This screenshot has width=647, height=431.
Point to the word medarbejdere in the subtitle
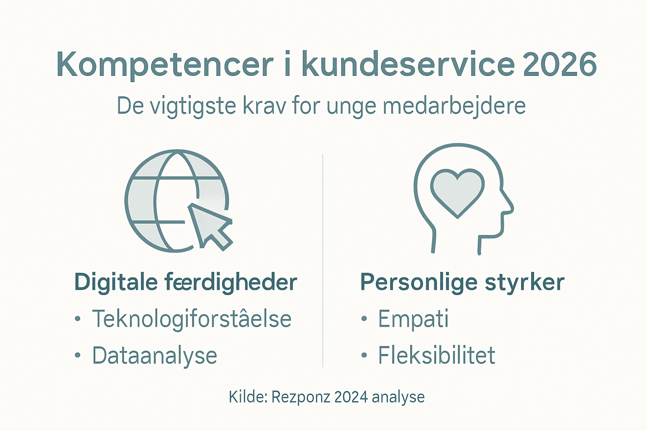[454, 106]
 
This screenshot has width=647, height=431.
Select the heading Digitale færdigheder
[186, 282]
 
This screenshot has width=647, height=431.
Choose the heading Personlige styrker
[462, 282]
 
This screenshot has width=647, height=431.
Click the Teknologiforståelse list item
[192, 319]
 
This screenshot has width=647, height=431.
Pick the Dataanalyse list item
[155, 356]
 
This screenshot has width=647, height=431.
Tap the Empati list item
[413, 319]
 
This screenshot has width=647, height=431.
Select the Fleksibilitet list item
[436, 355]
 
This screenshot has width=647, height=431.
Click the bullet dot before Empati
[364, 319]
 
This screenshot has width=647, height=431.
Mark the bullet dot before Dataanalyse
[78, 356]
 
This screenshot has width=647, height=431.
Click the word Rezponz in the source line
[300, 397]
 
